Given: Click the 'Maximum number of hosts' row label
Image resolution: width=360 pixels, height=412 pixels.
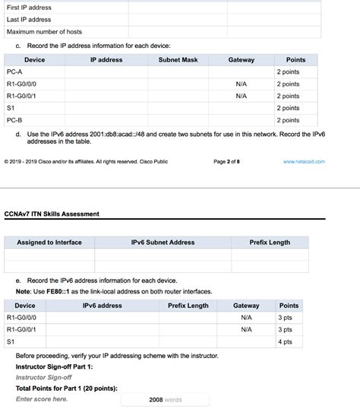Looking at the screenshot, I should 44,32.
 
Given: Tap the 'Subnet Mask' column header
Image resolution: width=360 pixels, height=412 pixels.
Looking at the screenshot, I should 178,59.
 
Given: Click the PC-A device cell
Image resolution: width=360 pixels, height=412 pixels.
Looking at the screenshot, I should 14,71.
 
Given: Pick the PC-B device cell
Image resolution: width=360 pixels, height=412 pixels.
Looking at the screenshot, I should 14,120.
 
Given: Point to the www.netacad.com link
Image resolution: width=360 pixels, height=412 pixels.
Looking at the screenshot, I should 304,161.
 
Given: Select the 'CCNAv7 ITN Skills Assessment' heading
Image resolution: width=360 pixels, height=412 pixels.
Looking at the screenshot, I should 52,214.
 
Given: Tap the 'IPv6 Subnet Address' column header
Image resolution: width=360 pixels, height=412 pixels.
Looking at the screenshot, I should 163,242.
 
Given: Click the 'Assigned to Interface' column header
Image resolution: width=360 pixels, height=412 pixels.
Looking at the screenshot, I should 49,242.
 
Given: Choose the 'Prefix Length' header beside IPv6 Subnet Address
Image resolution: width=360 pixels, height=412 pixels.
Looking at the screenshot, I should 270,242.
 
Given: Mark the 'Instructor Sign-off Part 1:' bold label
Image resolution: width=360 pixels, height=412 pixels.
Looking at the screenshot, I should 54,366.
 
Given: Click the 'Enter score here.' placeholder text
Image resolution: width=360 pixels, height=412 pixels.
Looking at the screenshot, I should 42,398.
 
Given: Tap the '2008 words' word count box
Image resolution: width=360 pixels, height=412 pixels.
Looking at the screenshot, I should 165,399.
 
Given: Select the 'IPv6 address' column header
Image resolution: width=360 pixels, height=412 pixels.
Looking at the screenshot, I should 102,306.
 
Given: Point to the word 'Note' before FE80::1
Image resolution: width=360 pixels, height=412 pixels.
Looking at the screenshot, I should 23,291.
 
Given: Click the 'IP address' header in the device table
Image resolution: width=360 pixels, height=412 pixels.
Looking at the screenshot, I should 106,59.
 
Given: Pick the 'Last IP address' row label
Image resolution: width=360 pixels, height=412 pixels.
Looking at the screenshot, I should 29,20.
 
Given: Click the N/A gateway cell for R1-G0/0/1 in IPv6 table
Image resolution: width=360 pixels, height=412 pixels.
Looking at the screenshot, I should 246,330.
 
